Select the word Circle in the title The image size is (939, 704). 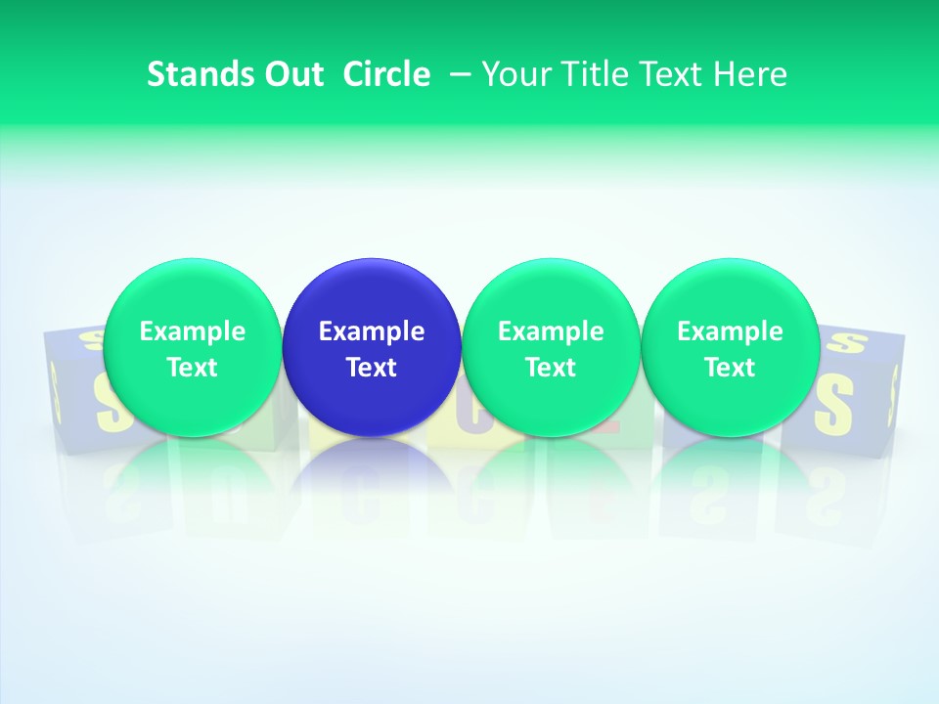tap(386, 74)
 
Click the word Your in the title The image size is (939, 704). tap(514, 74)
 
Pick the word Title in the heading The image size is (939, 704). tap(590, 74)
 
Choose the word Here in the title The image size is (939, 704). tap(750, 74)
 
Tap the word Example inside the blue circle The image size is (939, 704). tap(372, 331)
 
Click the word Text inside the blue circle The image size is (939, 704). tap(372, 368)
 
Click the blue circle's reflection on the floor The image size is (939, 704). tap(372, 479)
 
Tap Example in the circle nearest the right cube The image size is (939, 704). tap(730, 331)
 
